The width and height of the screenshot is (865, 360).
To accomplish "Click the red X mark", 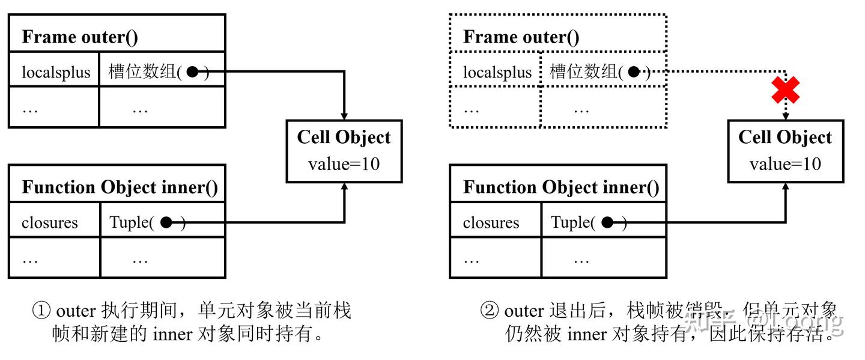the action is click(785, 90).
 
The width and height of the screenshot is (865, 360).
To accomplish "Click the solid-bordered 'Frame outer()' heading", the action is click(80, 37).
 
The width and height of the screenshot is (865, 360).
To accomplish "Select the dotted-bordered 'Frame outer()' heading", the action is click(521, 37).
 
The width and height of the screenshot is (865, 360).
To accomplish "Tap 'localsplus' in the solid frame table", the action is click(56, 72).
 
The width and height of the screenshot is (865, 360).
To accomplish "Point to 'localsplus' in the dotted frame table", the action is click(497, 72).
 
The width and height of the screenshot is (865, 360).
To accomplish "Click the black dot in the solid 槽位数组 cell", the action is click(192, 72).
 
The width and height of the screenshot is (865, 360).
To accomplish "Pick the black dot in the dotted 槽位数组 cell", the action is click(634, 72).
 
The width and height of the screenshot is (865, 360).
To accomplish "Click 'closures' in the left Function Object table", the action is click(50, 223).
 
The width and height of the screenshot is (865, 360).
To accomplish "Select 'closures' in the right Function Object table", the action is click(491, 223).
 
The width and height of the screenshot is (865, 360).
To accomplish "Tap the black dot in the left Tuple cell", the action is click(166, 222).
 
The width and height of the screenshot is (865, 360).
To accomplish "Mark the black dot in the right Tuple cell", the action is click(607, 222).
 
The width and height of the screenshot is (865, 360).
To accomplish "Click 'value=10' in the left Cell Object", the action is click(344, 164).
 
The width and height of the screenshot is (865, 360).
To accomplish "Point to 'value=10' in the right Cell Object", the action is click(786, 164).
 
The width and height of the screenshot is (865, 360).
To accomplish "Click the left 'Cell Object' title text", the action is click(344, 138).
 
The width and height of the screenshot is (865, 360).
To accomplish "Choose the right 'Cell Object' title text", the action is click(786, 138).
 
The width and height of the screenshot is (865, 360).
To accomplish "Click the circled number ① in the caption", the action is click(41, 311).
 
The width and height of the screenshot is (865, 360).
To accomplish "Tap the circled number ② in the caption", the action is click(490, 311).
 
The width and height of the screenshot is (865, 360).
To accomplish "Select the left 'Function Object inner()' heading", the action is click(120, 188).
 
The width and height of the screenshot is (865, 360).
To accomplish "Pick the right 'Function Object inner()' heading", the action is click(562, 188).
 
